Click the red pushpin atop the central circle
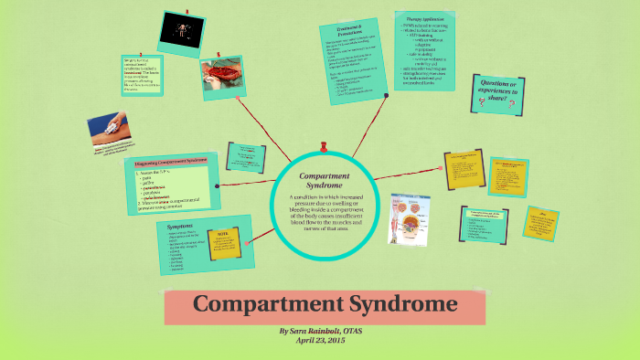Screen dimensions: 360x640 point(325,145)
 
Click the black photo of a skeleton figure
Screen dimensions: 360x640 point(182,32)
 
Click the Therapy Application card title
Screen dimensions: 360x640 point(421,17)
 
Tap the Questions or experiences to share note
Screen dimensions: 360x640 point(501,93)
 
